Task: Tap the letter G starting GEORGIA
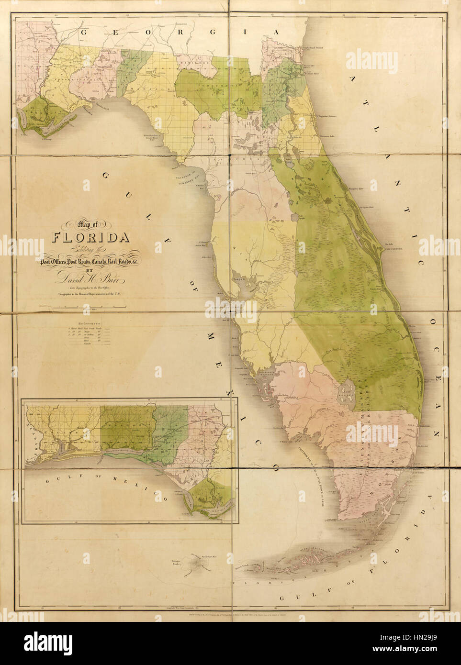coord(85,33)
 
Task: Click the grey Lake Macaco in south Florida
coord(346,394)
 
